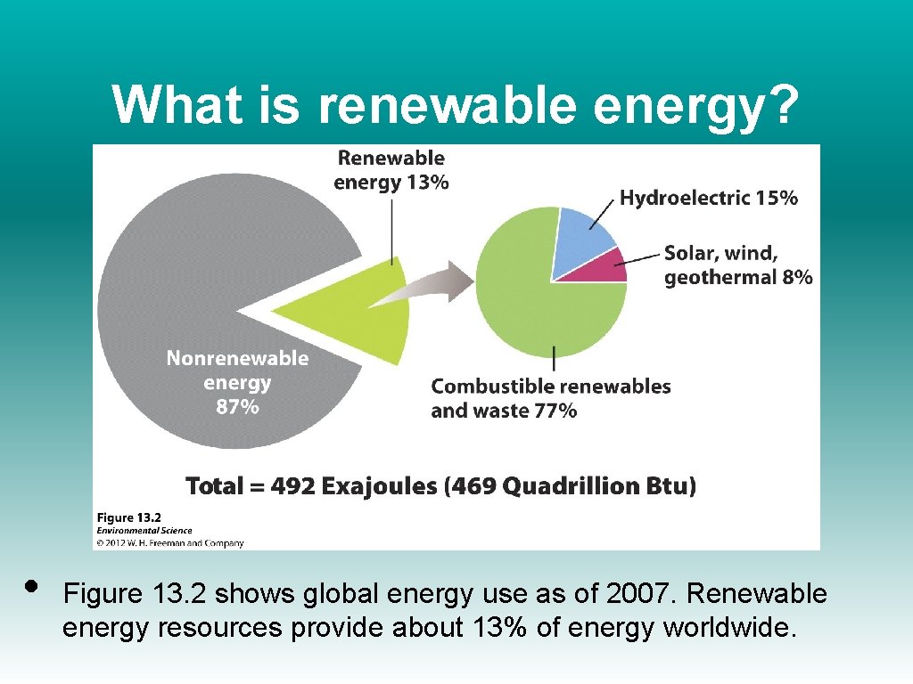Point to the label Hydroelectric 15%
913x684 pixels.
(708, 198)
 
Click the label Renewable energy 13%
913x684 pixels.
(391, 170)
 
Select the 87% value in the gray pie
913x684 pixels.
(237, 407)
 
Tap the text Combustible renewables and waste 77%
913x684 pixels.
(550, 398)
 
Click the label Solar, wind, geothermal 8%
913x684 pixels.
(737, 265)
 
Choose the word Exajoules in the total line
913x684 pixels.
(382, 486)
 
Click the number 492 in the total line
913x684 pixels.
(292, 486)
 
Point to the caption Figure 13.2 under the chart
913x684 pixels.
(129, 517)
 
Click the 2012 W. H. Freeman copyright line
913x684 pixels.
(169, 541)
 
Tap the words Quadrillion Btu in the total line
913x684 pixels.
(596, 486)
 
